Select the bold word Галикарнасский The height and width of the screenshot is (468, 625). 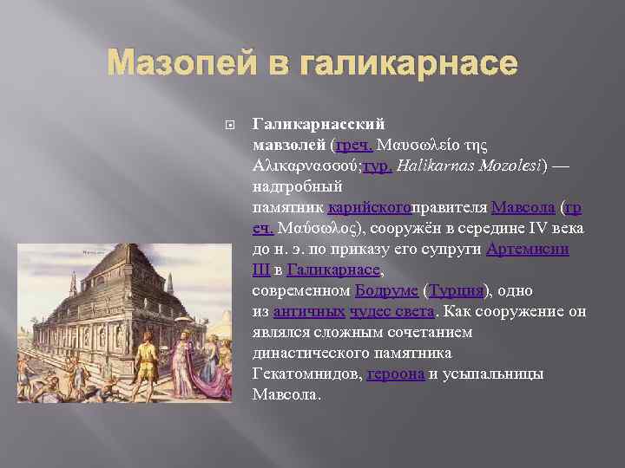pyautogui.click(x=318, y=125)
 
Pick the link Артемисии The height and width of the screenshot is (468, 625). pyautogui.click(x=528, y=250)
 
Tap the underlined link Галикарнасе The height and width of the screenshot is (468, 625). pyautogui.click(x=333, y=270)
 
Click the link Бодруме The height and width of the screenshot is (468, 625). pyautogui.click(x=386, y=291)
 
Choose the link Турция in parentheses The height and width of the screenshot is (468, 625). pyautogui.click(x=457, y=291)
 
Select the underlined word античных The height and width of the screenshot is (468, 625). pyautogui.click(x=309, y=312)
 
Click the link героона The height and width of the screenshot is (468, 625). pyautogui.click(x=396, y=374)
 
